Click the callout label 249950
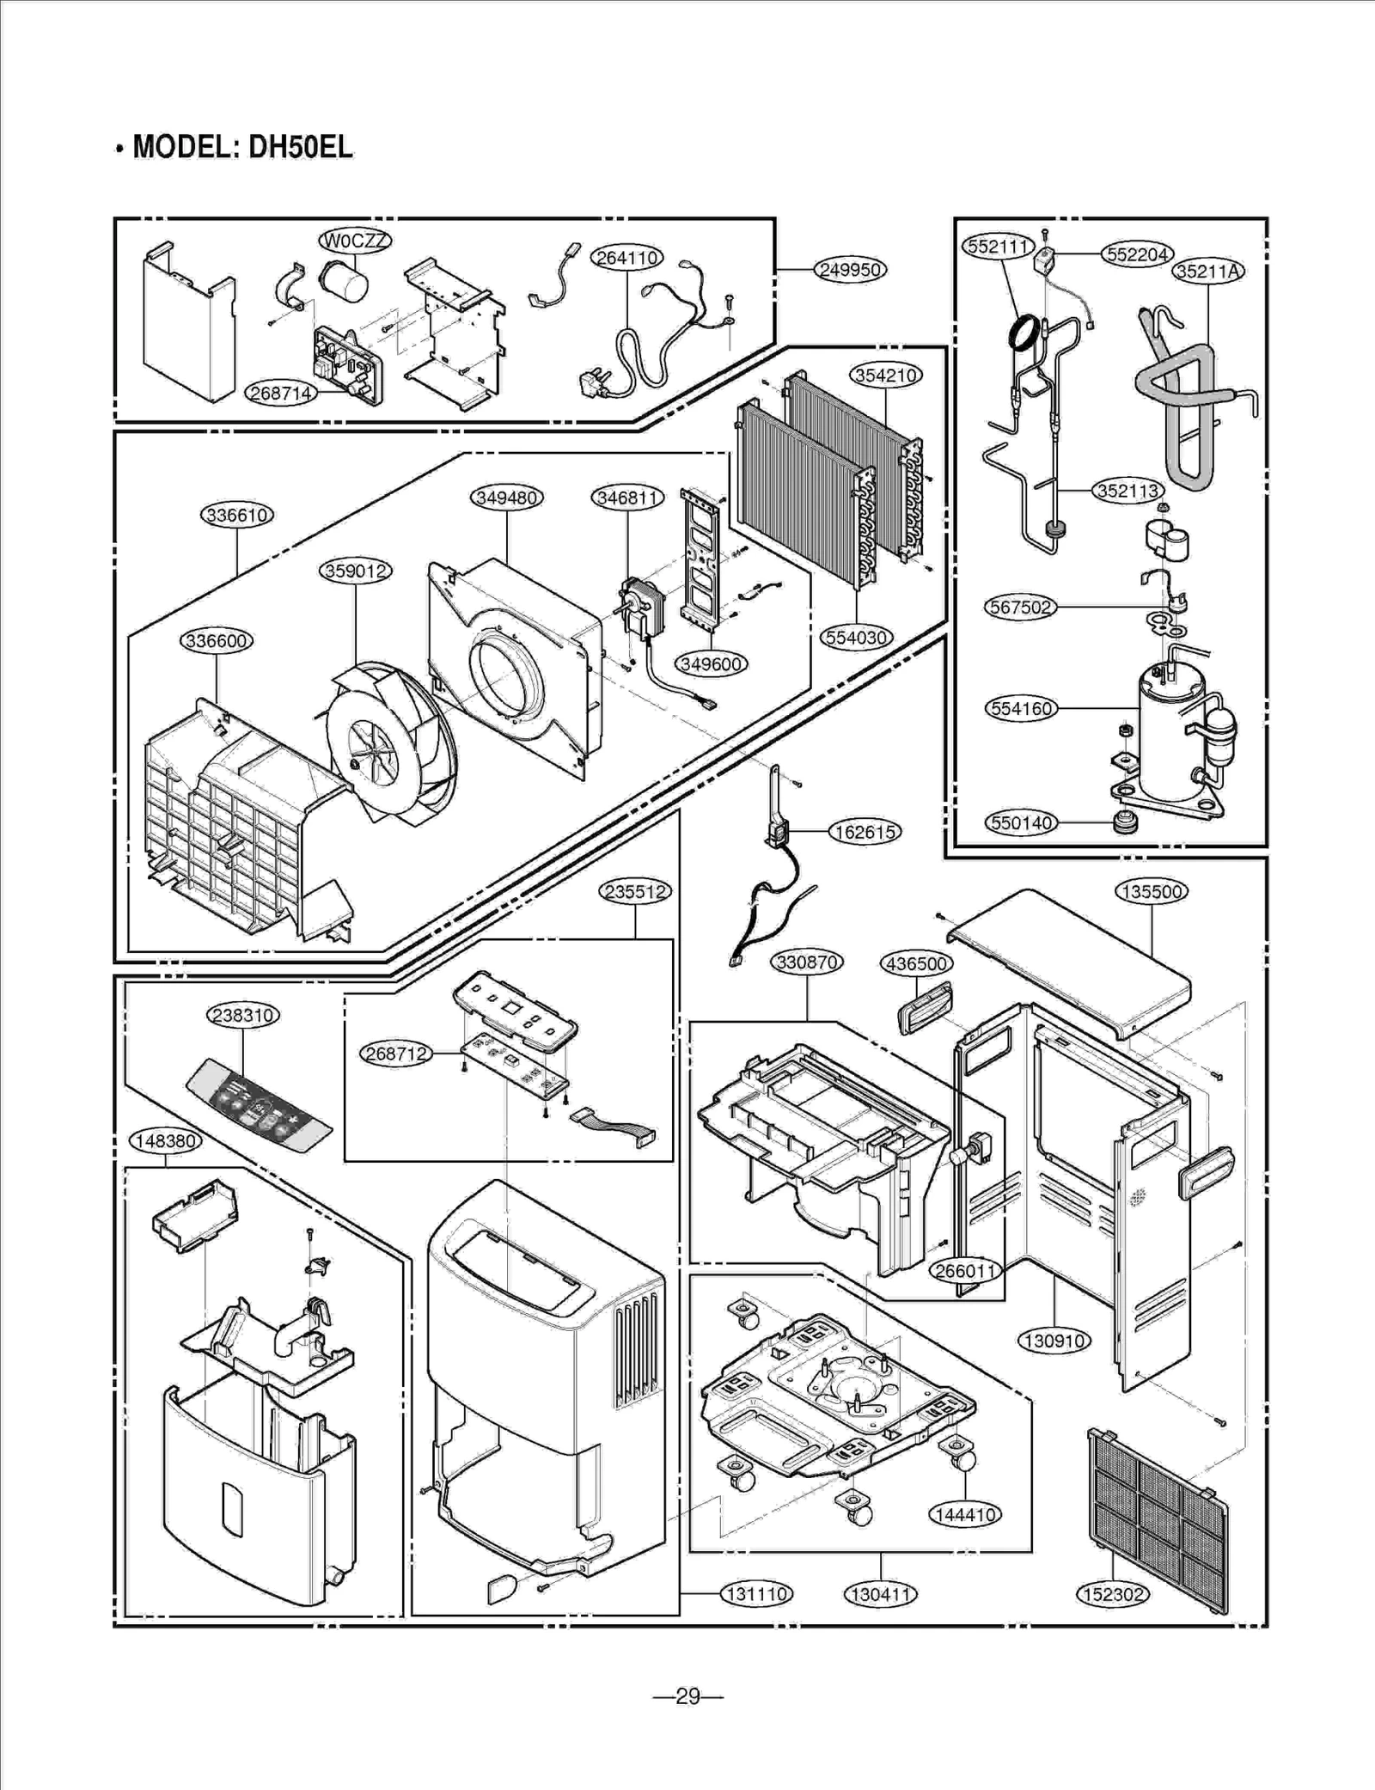click(850, 270)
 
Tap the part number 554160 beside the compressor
click(1021, 709)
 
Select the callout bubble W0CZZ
click(355, 241)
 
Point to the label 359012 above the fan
click(356, 571)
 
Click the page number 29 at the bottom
click(687, 1696)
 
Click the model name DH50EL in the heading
click(300, 148)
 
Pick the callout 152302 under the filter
click(1112, 1595)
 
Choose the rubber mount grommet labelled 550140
click(1124, 822)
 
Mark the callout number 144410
click(965, 1515)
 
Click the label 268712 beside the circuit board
click(395, 1053)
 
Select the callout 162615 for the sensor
click(865, 832)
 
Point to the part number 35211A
click(1208, 272)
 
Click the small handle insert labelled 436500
click(924, 1007)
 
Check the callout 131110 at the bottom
click(756, 1595)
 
